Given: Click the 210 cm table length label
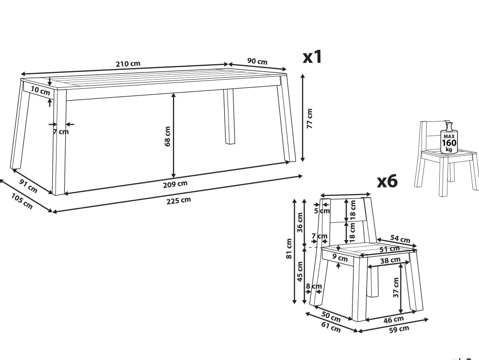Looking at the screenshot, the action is tap(128, 64).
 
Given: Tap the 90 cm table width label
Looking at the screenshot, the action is tap(257, 61).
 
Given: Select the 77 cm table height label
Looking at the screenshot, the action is tap(309, 118).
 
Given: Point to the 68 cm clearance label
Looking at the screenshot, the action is tap(167, 136).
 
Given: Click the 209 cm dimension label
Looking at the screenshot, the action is tap(175, 184).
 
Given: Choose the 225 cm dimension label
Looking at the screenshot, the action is tap(179, 200).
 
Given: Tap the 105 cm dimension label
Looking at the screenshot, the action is tap(22, 201).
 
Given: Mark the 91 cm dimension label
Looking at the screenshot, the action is tap(28, 186).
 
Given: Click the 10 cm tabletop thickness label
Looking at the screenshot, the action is tap(40, 91).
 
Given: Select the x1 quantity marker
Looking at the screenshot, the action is tap(312, 57).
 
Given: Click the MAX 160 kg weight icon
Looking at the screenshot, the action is tap(449, 138).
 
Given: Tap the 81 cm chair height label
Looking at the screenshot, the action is tap(289, 248).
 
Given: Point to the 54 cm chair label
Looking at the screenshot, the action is tap(400, 239).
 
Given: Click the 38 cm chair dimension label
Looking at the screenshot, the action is tap(390, 260).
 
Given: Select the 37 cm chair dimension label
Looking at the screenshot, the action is tap(396, 287).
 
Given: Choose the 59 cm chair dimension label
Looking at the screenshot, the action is tap(399, 329).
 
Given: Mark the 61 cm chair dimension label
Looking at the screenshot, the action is tap(331, 327).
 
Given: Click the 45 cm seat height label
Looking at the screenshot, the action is tap(300, 272).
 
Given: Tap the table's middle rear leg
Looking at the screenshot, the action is tap(229, 116).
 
